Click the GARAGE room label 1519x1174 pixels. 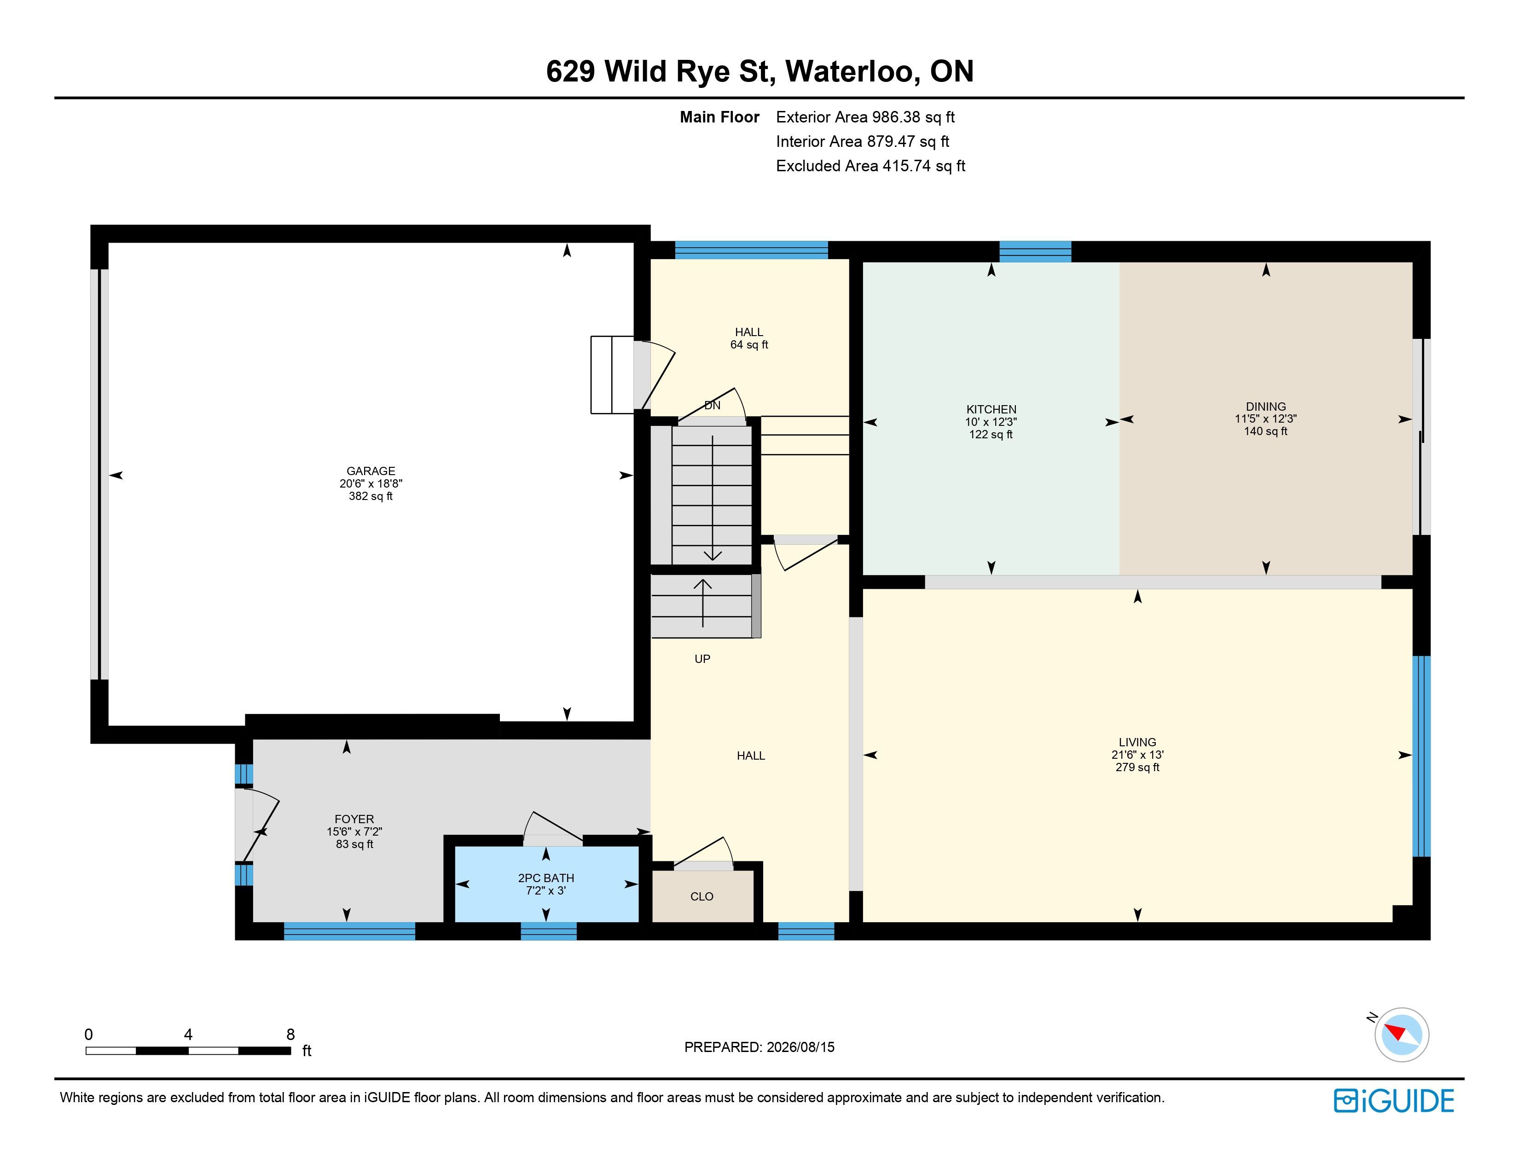[x=371, y=471]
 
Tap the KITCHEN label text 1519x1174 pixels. [x=991, y=410]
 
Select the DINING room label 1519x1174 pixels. [x=1266, y=407]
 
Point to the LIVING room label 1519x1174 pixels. [x=1137, y=742]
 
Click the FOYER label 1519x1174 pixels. [x=354, y=819]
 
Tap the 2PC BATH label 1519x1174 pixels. [x=546, y=878]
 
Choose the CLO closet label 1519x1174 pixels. [x=702, y=896]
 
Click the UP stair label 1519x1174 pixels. [x=702, y=659]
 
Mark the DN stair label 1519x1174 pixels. [x=712, y=406]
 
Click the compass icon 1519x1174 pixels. [x=1402, y=1034]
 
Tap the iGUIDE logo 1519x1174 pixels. [x=1394, y=1101]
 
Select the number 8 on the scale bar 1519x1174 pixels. [x=291, y=1034]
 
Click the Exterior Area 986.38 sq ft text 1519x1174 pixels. [x=865, y=117]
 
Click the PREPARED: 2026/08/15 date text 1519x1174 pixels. [x=759, y=1047]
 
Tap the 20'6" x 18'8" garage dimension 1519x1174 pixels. [x=371, y=483]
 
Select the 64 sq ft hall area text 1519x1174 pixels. [x=749, y=344]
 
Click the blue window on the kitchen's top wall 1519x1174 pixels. [x=1035, y=251]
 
